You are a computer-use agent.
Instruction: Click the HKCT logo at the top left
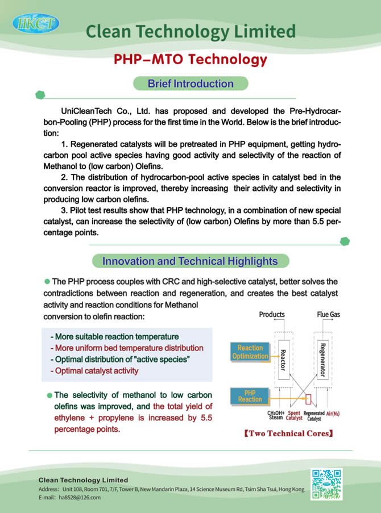(x=35, y=24)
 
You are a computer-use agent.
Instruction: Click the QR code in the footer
(x=326, y=483)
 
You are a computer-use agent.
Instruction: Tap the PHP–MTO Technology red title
(x=190, y=59)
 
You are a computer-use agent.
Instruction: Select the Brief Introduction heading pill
(x=191, y=84)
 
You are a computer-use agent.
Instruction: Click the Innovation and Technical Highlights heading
(x=190, y=261)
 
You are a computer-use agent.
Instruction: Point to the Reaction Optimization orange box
(x=250, y=352)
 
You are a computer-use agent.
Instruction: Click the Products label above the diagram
(x=272, y=314)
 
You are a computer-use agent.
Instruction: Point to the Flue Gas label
(x=329, y=314)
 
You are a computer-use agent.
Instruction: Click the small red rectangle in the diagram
(x=309, y=398)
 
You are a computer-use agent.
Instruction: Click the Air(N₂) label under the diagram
(x=337, y=413)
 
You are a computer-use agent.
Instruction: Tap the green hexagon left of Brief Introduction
(x=40, y=95)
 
